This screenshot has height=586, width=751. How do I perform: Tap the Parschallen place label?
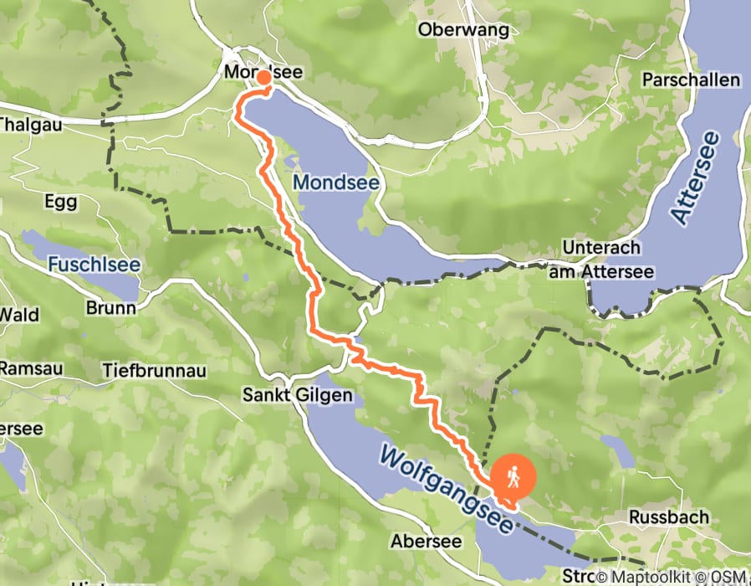click(x=691, y=80)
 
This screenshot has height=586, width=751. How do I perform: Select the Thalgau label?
click(x=25, y=125)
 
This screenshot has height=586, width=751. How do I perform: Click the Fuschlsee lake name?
click(x=94, y=265)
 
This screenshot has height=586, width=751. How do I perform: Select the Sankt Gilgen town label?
click(x=287, y=393)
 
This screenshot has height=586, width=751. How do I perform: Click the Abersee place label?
click(x=427, y=542)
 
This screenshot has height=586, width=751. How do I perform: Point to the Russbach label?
click(x=669, y=517)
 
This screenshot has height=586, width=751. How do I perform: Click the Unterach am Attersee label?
click(x=601, y=260)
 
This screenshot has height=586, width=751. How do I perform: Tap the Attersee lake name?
click(x=694, y=177)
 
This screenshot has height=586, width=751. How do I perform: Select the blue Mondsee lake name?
click(x=335, y=182)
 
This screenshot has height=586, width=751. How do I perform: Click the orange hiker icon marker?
click(x=512, y=477)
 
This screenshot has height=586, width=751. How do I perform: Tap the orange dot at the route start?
click(x=263, y=78)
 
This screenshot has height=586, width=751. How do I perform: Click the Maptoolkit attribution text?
click(x=660, y=577)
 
